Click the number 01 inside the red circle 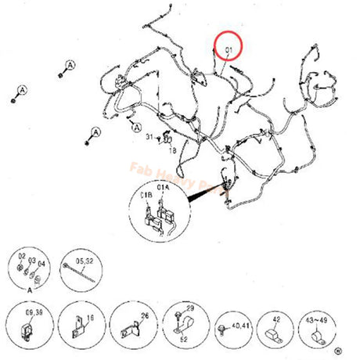[x=229, y=51]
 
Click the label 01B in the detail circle [x=146, y=188]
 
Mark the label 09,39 [x=34, y=311]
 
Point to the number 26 [x=144, y=315]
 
